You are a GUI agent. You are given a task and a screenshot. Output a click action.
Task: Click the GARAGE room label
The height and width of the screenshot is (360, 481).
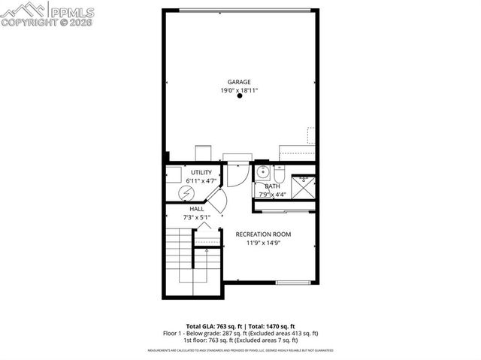[240, 82]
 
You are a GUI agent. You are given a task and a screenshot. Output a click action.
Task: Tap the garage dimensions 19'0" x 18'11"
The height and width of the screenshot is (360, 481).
[240, 91]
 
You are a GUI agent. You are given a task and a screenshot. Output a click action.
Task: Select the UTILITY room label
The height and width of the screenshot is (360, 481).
[201, 173]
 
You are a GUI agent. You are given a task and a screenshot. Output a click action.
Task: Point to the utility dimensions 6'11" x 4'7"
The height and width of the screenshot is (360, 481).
[201, 181]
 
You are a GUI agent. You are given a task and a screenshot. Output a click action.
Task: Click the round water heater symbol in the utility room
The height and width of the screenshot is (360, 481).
[185, 194]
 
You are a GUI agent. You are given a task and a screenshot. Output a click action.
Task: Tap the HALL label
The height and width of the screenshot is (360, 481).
[196, 209]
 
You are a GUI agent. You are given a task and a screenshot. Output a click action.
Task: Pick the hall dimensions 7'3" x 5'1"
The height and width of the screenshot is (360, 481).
[196, 217]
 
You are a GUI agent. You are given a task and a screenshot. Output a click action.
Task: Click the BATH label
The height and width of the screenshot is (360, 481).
[272, 186]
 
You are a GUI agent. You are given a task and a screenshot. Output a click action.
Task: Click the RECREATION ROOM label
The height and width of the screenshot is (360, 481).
[263, 234]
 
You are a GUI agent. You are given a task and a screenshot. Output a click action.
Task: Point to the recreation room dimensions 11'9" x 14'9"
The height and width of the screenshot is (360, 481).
[263, 244]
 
